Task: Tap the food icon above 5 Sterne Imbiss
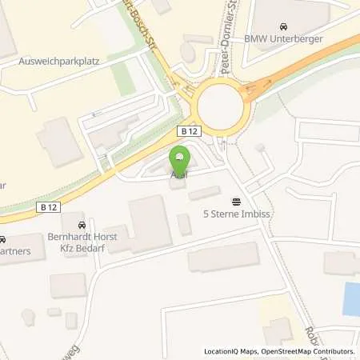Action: (x=235, y=200)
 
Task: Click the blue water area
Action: (x=351, y=299)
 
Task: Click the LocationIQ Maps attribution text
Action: (x=230, y=351)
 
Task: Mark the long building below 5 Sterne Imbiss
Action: (x=224, y=257)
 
